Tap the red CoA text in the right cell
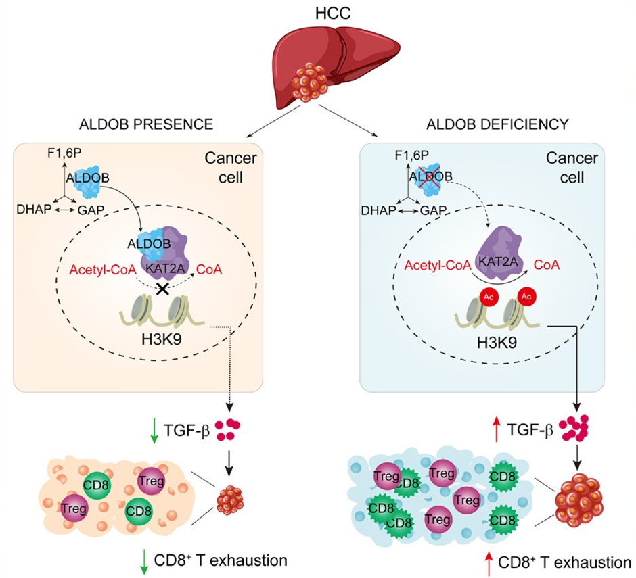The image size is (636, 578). coord(545,265)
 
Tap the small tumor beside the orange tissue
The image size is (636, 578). coord(231,501)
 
